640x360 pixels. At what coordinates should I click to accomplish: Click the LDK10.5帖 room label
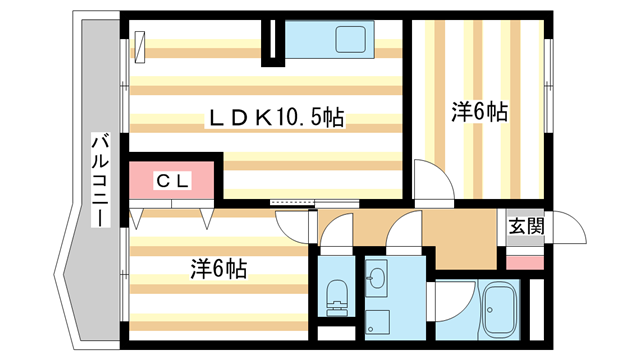coord(274,119)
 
